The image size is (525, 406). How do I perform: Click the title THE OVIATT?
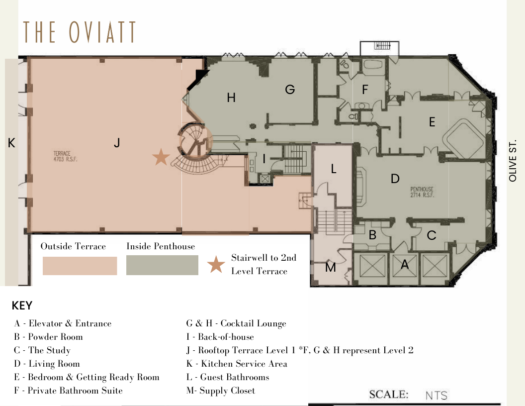[80, 32]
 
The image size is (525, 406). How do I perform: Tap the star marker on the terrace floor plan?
[161, 157]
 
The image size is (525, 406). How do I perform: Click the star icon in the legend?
[216, 264]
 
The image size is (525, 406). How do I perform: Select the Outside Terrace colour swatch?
[80, 266]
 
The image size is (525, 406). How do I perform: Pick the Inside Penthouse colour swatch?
[162, 265]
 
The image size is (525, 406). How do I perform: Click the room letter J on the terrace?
[117, 143]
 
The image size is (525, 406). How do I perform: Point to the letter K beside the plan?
[11, 143]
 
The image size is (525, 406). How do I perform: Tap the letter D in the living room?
[395, 179]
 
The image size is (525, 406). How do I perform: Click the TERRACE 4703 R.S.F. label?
[65, 156]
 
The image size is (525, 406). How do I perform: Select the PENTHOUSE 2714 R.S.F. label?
[422, 192]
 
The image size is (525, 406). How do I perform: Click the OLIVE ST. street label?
[513, 160]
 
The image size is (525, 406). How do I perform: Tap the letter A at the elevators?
[405, 265]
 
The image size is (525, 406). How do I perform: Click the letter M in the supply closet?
[331, 267]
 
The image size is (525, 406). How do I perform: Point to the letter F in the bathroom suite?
[365, 90]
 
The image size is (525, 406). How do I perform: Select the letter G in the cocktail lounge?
[290, 90]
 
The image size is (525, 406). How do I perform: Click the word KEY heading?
[22, 305]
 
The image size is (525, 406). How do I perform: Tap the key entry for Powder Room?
[49, 337]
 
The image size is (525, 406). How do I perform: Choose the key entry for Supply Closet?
[221, 391]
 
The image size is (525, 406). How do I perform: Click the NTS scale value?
[437, 396]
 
